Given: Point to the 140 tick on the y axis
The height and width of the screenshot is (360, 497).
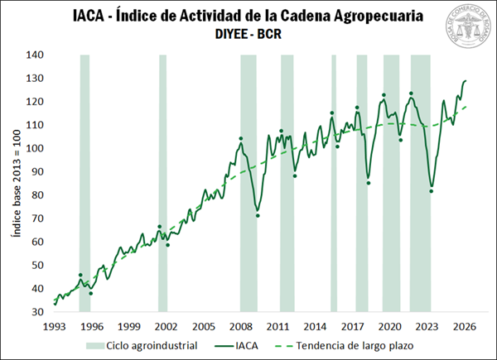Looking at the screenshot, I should pos(35,55).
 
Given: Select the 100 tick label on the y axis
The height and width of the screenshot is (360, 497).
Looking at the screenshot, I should pos(35,148).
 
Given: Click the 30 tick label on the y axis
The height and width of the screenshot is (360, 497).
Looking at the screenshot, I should pos(37,312).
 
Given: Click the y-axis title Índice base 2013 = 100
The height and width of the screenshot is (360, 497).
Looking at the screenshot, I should pos(15,184).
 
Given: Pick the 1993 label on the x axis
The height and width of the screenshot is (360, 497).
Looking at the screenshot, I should pos(54,326).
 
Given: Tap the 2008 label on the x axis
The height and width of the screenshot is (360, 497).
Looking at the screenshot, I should pos(240,326).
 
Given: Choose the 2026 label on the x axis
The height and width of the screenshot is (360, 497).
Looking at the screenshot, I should pos(465,326).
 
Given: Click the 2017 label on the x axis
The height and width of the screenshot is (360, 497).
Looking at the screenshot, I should pos(353,326).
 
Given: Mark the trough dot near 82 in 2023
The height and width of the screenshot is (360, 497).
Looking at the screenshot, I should pos(431,191).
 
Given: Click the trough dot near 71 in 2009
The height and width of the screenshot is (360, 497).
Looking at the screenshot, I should pos(258,216).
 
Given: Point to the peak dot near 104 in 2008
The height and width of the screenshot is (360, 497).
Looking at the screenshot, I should pos(240,138).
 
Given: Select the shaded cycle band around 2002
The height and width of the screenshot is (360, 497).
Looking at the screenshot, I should pos(162,182).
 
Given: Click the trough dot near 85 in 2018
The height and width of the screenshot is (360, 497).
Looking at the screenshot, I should pos(368,183).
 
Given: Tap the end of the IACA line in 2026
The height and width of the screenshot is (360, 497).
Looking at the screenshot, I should pos(466,80).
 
